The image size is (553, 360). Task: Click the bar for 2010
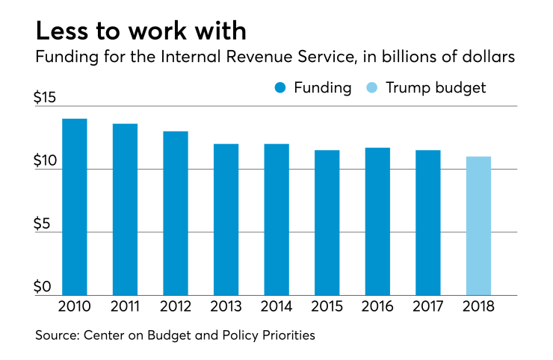pos(75,207)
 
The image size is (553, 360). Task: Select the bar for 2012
pos(176,213)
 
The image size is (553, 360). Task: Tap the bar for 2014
pos(276,220)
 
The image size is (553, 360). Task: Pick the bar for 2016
pos(377,221)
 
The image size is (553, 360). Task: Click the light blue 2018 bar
pos(478,226)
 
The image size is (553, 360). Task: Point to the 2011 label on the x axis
pos(125,307)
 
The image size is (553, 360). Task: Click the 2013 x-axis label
pos(226,307)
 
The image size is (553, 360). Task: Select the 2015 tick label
pos(327,307)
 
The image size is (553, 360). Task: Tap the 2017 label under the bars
pos(428,307)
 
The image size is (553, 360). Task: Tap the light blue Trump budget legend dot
pos(373,88)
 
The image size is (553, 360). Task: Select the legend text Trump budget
pos(436,88)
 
